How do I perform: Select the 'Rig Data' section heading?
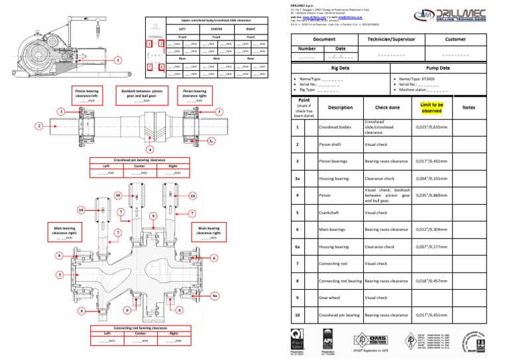coord(339,68)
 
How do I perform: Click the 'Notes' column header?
coord(469,107)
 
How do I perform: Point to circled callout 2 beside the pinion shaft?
coord(39,125)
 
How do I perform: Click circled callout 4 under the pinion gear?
coord(150,149)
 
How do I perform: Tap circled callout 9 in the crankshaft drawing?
coord(153,216)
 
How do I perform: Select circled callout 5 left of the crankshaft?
coord(59,274)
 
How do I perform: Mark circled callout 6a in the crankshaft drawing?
coord(215,296)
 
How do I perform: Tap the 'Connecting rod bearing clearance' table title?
coord(140,328)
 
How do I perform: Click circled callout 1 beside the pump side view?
coord(118,60)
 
